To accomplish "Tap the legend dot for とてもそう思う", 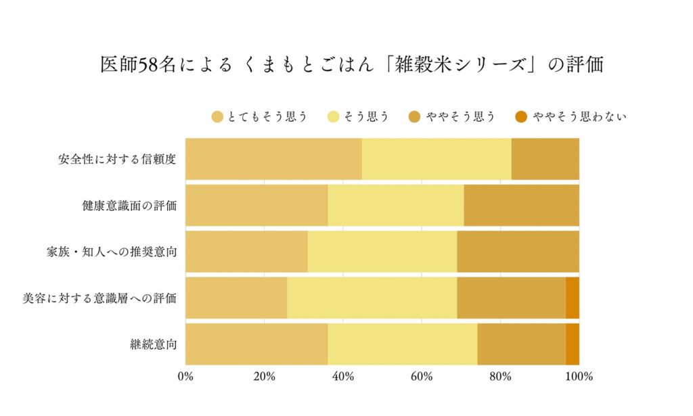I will click(217, 117).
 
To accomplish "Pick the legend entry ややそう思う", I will click(460, 117).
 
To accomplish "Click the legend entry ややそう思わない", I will click(579, 117).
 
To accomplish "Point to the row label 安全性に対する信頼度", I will click(117, 160).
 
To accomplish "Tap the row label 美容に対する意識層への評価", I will click(99, 298).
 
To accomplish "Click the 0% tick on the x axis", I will click(185, 377).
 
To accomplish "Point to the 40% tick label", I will click(343, 377).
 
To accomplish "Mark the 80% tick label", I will click(500, 377).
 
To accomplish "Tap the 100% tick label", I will click(579, 377).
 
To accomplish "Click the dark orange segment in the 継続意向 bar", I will click(573, 344).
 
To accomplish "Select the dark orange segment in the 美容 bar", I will click(573, 298).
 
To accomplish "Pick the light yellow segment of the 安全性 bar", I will click(437, 160).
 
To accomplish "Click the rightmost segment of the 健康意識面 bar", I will click(521, 206).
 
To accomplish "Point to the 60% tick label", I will click(422, 377).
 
